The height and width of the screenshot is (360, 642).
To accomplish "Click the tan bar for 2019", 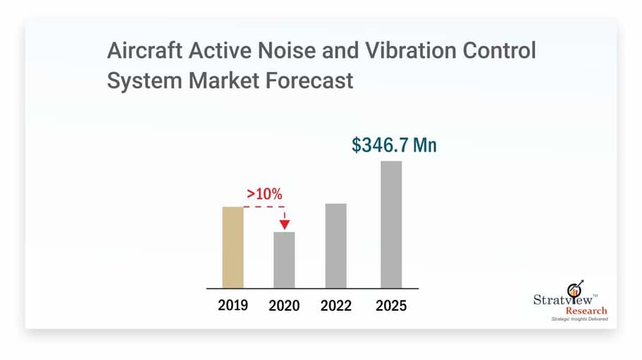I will pyautogui.click(x=233, y=247).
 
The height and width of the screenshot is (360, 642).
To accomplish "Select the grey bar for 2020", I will pyautogui.click(x=284, y=260).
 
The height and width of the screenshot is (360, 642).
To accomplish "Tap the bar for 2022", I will pyautogui.click(x=336, y=246).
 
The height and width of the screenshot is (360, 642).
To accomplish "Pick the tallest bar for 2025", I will pyautogui.click(x=391, y=224).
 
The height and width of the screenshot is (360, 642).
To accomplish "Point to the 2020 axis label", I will pyautogui.click(x=284, y=306).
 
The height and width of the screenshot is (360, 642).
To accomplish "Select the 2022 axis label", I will pyautogui.click(x=336, y=306).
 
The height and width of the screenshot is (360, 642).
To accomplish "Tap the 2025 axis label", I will pyautogui.click(x=391, y=306).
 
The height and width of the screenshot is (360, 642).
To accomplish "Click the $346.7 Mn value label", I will pyautogui.click(x=394, y=145).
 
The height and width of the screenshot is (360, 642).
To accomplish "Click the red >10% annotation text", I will pyautogui.click(x=264, y=193).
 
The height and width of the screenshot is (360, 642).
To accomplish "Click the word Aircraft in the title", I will pyautogui.click(x=137, y=51).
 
